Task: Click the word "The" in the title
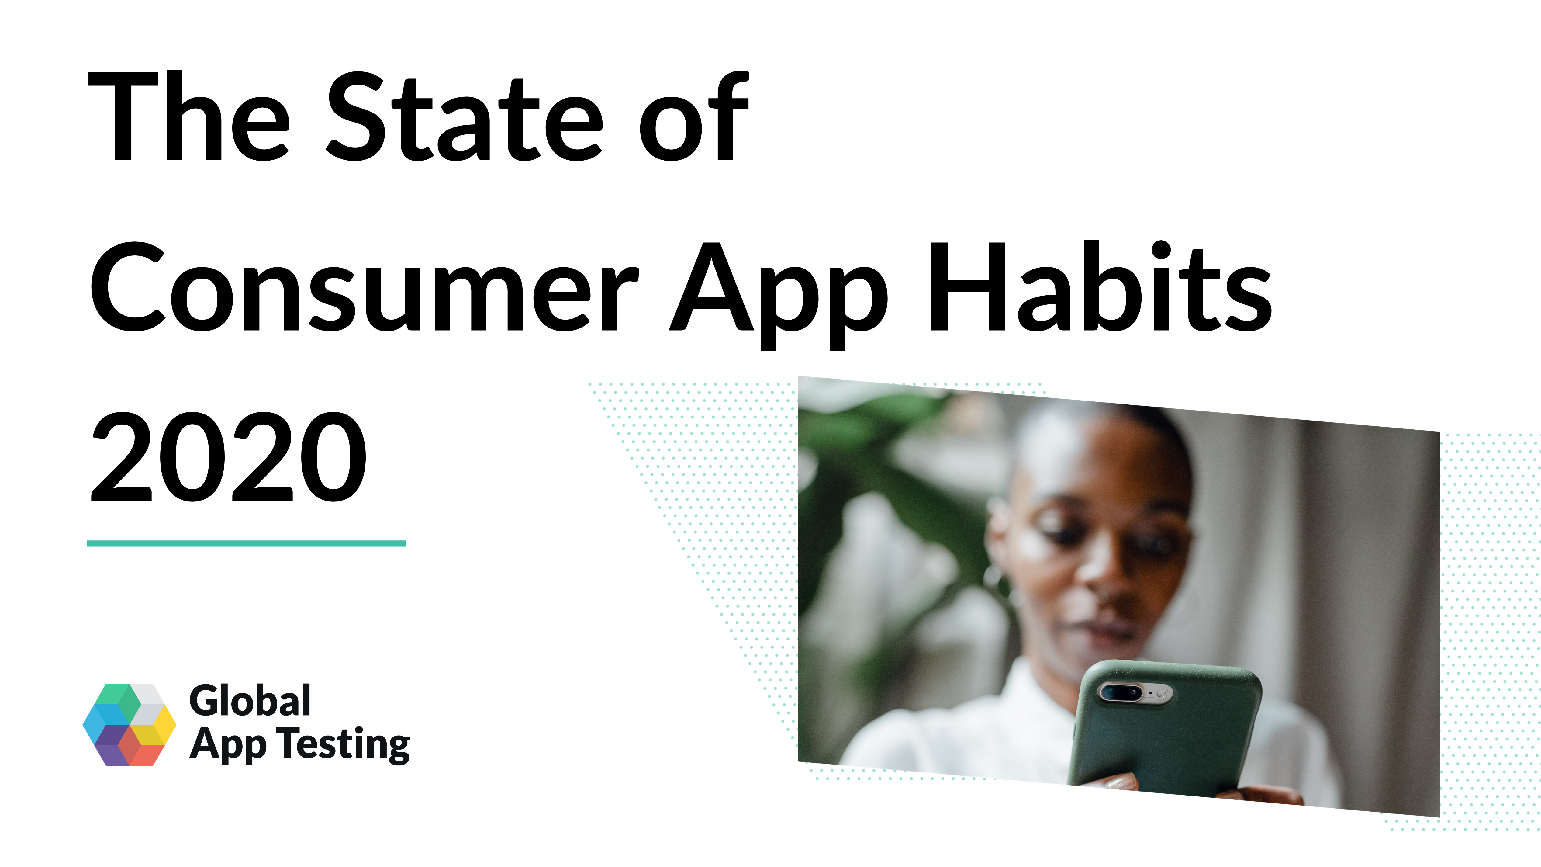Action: (189, 116)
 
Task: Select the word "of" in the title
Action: (694, 116)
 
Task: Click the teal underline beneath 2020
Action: (246, 543)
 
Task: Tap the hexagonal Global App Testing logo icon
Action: (129, 725)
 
